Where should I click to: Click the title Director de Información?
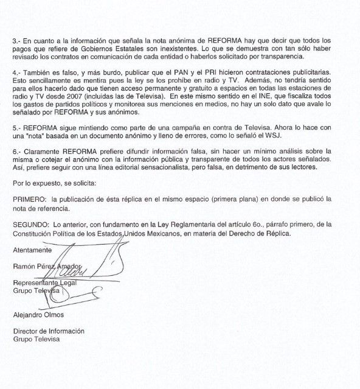pos(48,332)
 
